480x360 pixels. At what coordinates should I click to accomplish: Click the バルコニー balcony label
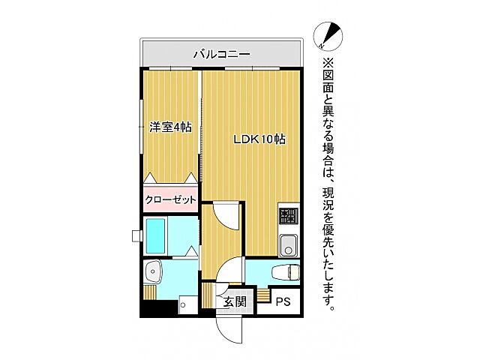(221, 54)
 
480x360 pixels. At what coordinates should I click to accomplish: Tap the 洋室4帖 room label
(169, 127)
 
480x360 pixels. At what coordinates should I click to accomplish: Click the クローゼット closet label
(170, 199)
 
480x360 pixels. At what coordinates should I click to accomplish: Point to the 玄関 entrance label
(235, 302)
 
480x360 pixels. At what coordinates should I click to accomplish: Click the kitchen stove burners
(288, 217)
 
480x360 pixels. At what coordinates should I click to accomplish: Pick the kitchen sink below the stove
(287, 244)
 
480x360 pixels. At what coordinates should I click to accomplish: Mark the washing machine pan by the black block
(187, 304)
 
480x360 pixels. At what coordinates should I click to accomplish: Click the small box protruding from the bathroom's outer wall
(136, 236)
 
